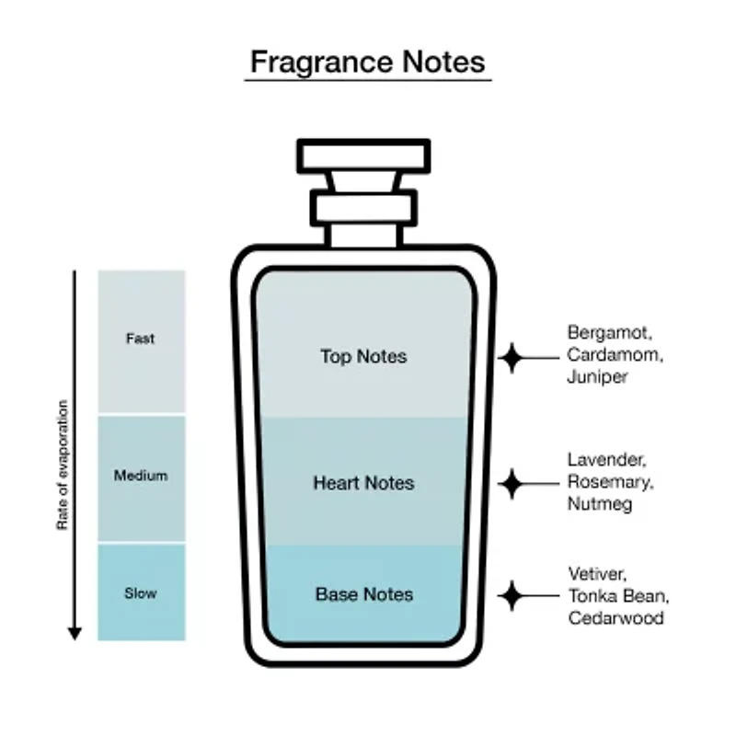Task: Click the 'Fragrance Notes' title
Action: coord(367,63)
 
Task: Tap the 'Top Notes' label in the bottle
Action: coord(363,356)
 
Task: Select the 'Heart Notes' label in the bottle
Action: coord(363,483)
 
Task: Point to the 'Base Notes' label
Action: coord(364,594)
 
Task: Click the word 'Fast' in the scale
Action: coord(141,339)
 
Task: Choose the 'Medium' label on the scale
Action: coord(141,476)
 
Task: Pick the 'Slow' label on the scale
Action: coord(141,593)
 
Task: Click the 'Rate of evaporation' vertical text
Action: coord(63,465)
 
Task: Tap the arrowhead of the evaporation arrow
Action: coord(75,633)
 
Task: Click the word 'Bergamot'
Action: coord(610,333)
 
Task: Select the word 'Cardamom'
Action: coord(615,355)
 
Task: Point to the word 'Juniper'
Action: coord(597,377)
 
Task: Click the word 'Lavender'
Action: coord(607,459)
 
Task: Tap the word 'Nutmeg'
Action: coord(600,504)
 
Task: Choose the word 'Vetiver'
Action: coord(597,573)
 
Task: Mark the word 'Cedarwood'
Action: coord(616,618)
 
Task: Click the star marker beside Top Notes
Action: coord(512,358)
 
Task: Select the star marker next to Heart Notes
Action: coord(512,484)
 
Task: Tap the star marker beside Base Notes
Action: coord(512,595)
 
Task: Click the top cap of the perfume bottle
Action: coord(363,155)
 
